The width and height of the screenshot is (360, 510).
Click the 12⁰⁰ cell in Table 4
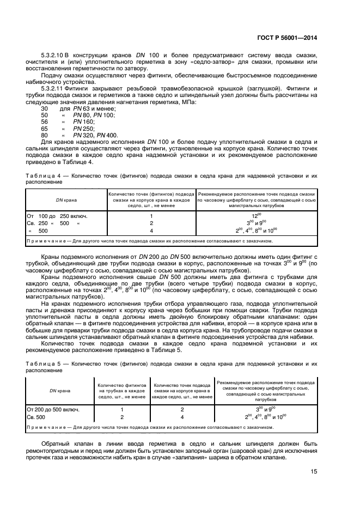click(x=256, y=216)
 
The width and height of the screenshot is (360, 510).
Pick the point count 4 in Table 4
click(x=151, y=230)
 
